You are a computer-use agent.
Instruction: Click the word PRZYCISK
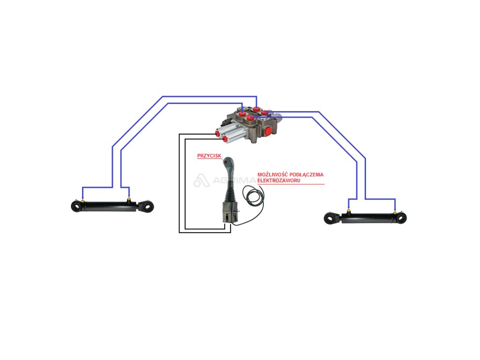(209, 156)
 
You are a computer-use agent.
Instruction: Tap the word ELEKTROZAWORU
(279, 180)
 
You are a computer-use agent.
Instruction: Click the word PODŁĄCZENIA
(307, 174)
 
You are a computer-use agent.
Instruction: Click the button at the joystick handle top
(227, 161)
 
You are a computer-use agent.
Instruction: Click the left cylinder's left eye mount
(75, 206)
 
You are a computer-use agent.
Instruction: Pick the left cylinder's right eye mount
(148, 206)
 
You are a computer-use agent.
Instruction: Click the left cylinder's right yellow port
(129, 200)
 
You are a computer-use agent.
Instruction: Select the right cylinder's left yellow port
(348, 211)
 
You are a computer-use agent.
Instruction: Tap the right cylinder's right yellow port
(395, 212)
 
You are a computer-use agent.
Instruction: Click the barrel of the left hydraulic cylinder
(108, 206)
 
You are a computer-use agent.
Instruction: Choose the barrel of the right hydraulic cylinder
(370, 218)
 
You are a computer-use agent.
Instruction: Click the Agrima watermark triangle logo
(201, 181)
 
